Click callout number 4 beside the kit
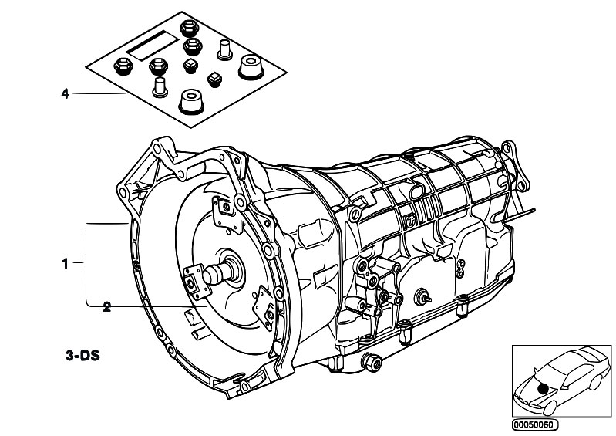[x=66, y=93]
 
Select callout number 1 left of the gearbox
[x=66, y=264]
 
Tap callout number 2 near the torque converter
[x=106, y=307]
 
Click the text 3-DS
[x=82, y=356]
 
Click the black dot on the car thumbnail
[x=544, y=388]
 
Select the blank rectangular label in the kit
[x=153, y=46]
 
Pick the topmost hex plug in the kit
[x=188, y=29]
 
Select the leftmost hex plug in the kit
[x=123, y=66]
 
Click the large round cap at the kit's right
[x=251, y=68]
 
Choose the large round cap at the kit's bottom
[x=191, y=102]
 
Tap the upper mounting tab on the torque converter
[x=227, y=212]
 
